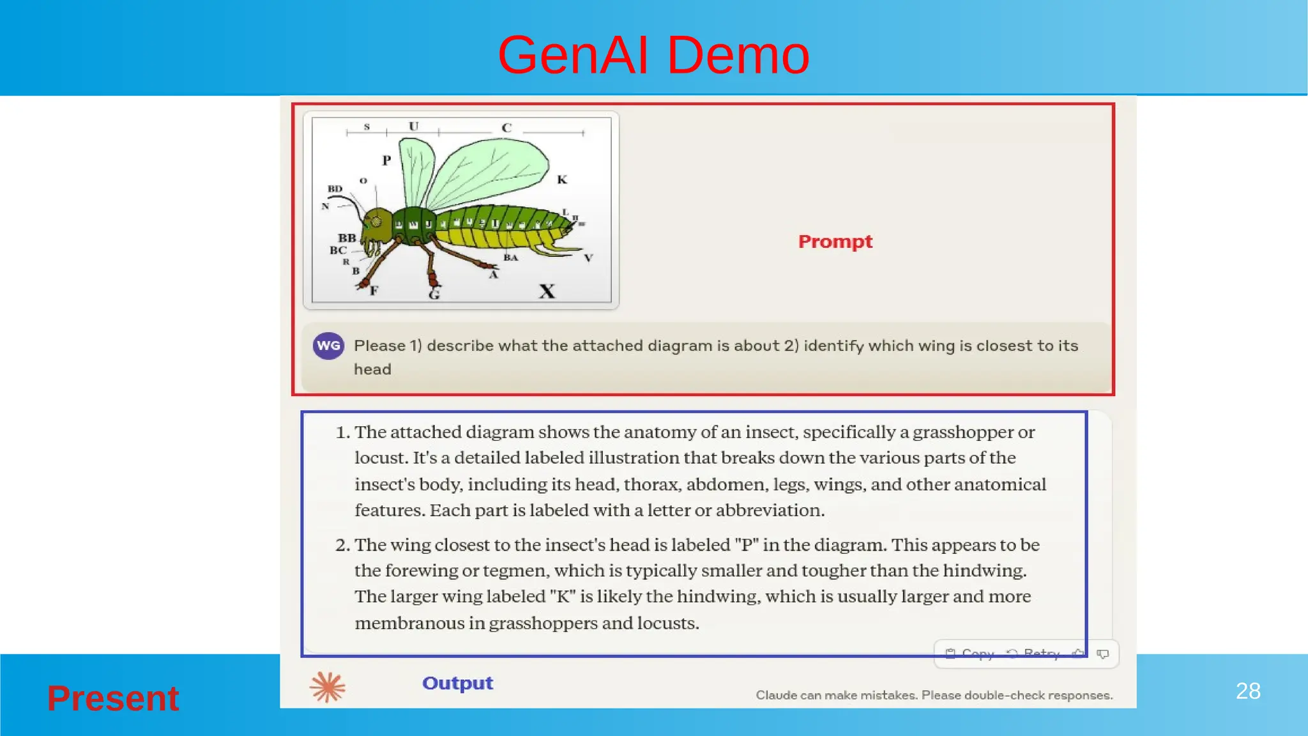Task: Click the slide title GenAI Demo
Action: (x=653, y=55)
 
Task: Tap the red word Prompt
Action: (x=835, y=241)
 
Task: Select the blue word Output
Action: (x=457, y=683)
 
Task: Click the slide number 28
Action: (x=1248, y=691)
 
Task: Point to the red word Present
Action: (x=113, y=698)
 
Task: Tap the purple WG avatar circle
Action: (x=328, y=346)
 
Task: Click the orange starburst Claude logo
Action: (x=327, y=687)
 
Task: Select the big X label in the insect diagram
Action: (x=547, y=291)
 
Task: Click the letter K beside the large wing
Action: (x=562, y=180)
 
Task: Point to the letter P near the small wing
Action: (x=386, y=160)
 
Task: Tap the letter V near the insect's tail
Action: (x=588, y=258)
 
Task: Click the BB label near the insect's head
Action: (x=347, y=238)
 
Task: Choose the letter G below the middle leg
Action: (x=434, y=295)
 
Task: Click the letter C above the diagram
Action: (x=506, y=128)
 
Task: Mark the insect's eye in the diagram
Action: (x=376, y=222)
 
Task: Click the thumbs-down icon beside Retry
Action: (x=1103, y=654)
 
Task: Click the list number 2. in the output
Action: (x=343, y=545)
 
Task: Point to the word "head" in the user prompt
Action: (x=372, y=369)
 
